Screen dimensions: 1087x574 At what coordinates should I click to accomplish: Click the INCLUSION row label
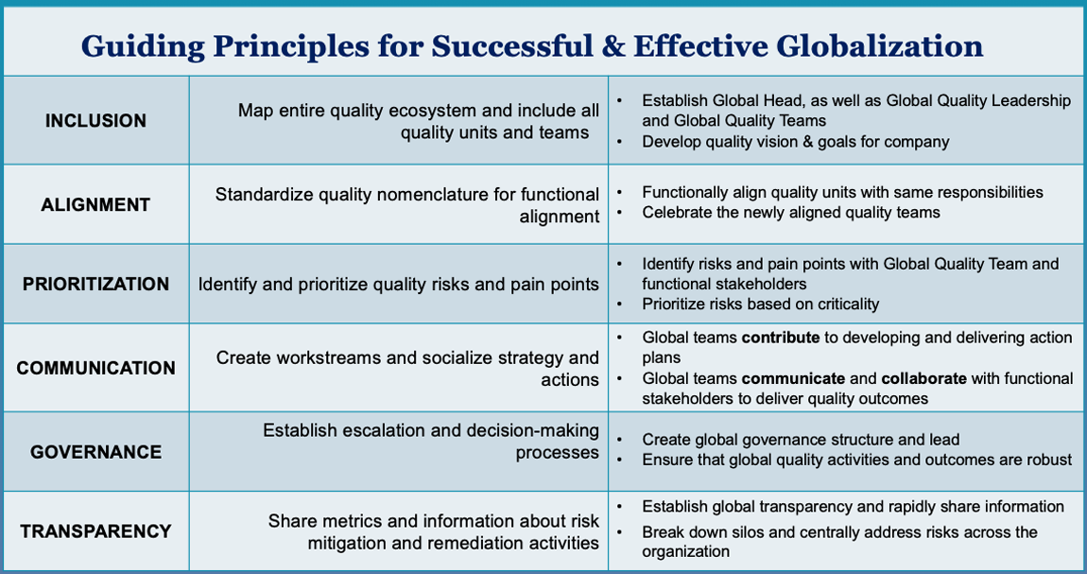(95, 121)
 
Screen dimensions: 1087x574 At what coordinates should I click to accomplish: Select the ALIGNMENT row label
(95, 204)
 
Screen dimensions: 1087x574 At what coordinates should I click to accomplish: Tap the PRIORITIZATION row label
(95, 285)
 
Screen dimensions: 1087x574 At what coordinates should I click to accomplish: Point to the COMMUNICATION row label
(95, 368)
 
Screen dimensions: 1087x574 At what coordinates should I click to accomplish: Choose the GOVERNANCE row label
(95, 452)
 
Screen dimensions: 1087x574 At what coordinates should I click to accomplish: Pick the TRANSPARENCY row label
(95, 531)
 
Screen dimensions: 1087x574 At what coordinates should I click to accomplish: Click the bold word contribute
(781, 338)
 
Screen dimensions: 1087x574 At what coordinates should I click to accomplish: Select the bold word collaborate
(924, 378)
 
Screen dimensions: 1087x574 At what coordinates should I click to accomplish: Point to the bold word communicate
(793, 378)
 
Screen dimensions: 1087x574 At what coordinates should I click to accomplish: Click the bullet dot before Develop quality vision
(620, 142)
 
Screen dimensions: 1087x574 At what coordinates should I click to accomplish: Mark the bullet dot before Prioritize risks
(620, 304)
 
